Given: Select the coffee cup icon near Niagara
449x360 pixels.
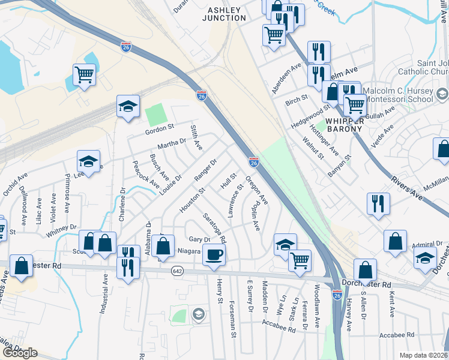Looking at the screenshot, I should tap(214, 255).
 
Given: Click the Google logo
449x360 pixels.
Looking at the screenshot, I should tap(20, 353).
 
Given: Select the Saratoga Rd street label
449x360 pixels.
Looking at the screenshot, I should tap(214, 228).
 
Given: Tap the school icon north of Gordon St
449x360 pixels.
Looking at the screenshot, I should tap(128, 106).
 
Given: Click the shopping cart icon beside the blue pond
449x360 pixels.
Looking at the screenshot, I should tap(84, 75).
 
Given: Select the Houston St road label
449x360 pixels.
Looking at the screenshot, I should tap(192, 200).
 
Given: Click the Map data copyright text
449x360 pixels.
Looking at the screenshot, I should tap(423, 355).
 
